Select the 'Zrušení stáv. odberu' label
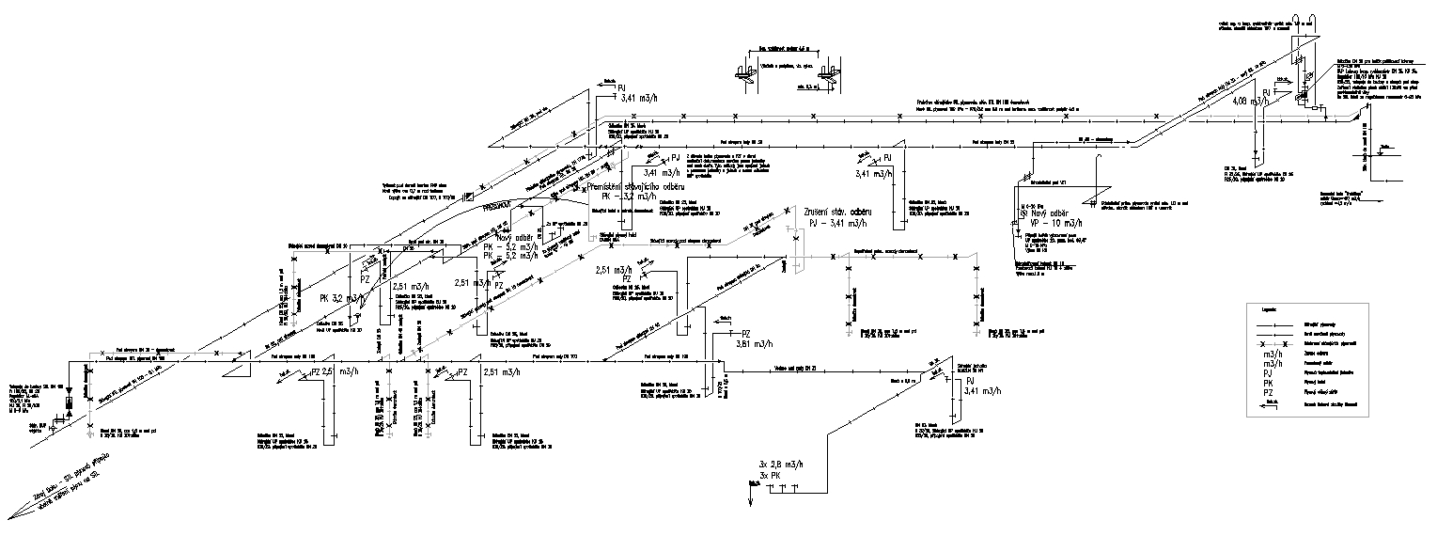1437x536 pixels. point(838,213)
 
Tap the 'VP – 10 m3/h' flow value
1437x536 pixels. point(1051,224)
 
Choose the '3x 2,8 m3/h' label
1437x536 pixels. point(781,465)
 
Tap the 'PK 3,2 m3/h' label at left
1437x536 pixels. point(341,298)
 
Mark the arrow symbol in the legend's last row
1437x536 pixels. point(1270,403)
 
